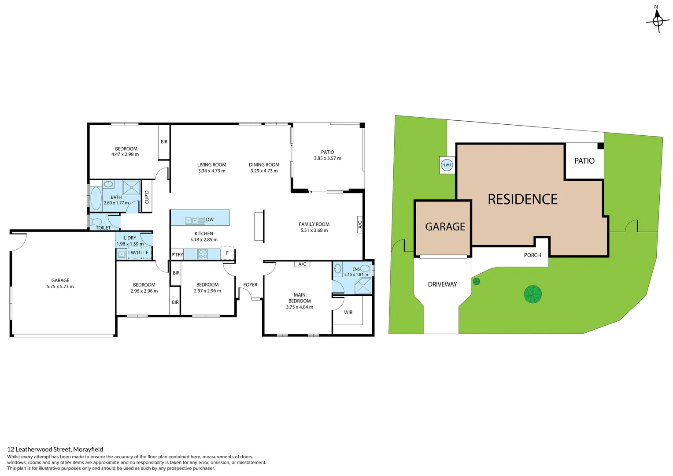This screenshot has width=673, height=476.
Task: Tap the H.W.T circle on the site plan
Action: coord(447,165)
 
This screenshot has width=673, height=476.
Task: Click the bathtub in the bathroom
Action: coord(96,199)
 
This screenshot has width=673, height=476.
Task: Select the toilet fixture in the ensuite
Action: coord(365,268)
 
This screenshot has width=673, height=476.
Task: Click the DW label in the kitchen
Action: coord(210,219)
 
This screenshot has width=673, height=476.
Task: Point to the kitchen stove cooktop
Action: coord(203,254)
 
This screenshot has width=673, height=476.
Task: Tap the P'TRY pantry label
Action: coord(177,255)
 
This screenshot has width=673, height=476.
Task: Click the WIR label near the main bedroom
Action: coord(348,312)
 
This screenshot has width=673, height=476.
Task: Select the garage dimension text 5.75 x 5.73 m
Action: coord(60,287)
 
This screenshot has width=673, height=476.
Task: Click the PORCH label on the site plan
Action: coord(532,255)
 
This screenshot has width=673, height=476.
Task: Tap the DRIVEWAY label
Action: coord(442,284)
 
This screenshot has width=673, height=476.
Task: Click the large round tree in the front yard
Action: coord(532,294)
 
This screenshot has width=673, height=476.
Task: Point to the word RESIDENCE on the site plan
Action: coord(522,200)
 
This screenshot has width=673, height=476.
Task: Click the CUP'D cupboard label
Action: coord(147,197)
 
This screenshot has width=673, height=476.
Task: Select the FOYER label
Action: coord(250,285)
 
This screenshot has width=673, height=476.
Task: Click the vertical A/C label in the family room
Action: coord(359,225)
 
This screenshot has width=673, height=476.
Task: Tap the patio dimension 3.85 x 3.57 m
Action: coord(327,158)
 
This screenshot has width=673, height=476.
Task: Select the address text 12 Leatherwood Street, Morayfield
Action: coord(55,450)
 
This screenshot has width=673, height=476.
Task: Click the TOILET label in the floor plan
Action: coord(103,228)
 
